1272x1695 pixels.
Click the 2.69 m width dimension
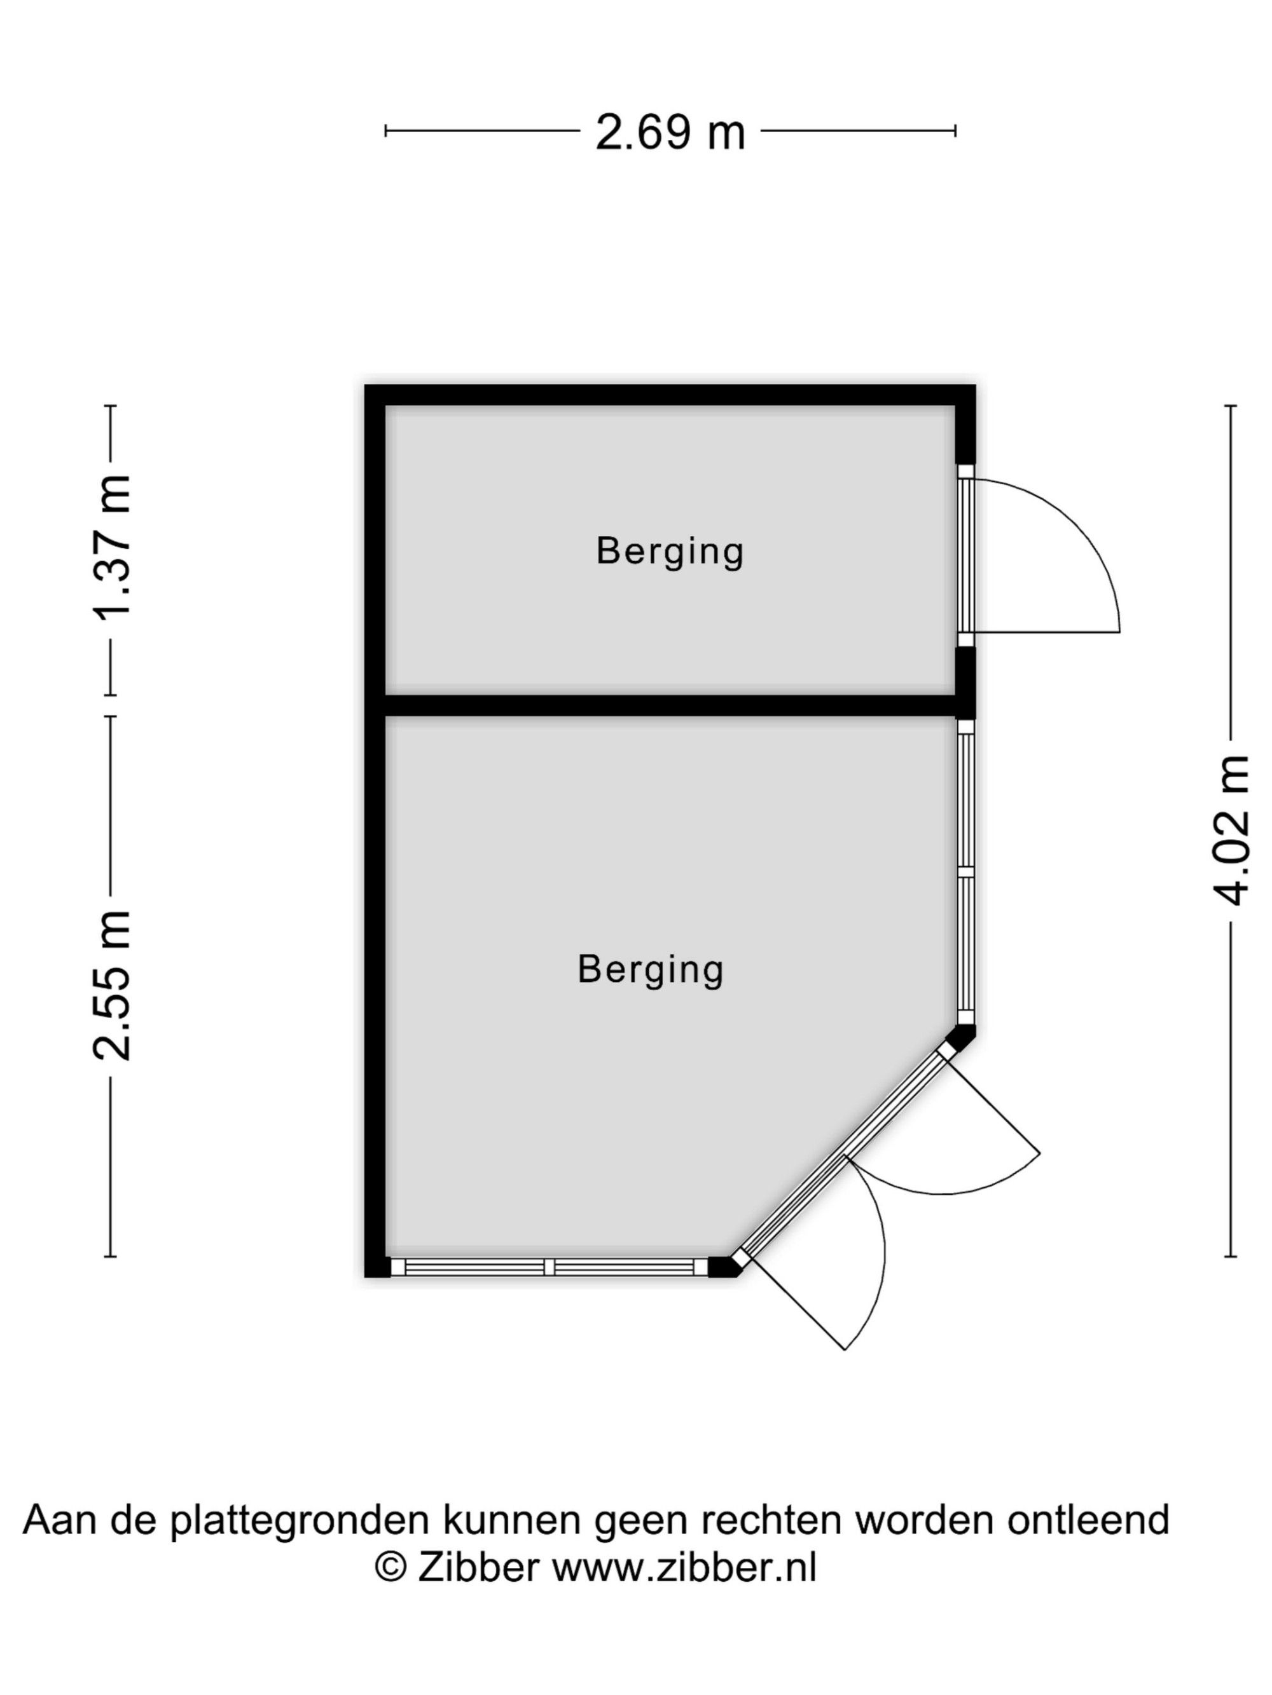pyautogui.click(x=669, y=132)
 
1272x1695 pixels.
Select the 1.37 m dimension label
pyautogui.click(x=112, y=547)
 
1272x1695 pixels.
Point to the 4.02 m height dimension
pyautogui.click(x=1230, y=831)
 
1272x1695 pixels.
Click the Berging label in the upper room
pyautogui.click(x=669, y=551)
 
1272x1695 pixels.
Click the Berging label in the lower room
pyautogui.click(x=650, y=969)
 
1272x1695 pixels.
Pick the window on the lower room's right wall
pyautogui.click(x=965, y=871)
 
